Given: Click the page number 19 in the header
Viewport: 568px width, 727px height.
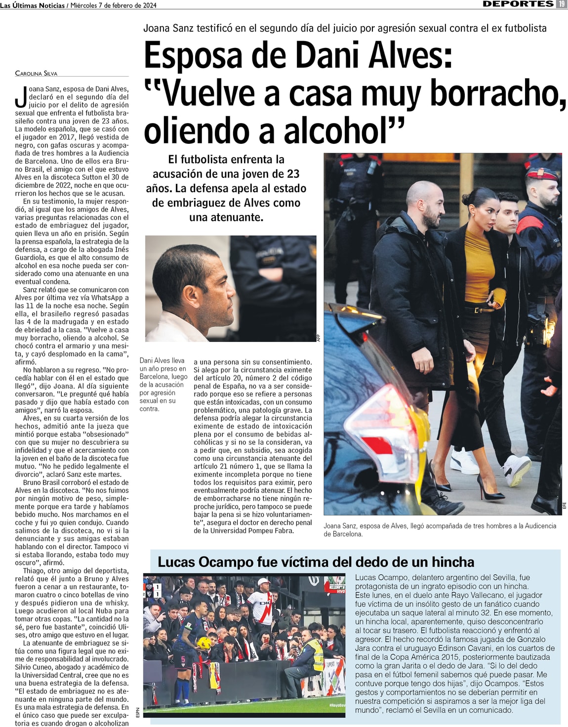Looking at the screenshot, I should point(562,4).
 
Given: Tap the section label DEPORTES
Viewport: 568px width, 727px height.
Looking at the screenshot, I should point(518,4).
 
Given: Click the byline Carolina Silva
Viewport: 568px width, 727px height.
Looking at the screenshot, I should point(36,73).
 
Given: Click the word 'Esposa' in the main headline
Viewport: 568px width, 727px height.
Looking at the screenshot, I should point(193,55).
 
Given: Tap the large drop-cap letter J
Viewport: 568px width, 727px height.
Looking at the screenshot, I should point(21,97).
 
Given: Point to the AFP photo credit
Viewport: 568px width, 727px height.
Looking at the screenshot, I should point(319,338).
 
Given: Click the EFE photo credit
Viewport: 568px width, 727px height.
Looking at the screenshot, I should point(564,506).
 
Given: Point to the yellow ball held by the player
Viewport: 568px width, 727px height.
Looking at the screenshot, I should point(204,643).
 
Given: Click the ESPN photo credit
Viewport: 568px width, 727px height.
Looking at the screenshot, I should point(138,712).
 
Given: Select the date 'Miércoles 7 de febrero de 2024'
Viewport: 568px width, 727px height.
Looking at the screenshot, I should point(114,5).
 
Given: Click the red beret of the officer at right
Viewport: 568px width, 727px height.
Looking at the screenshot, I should point(541,174).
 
